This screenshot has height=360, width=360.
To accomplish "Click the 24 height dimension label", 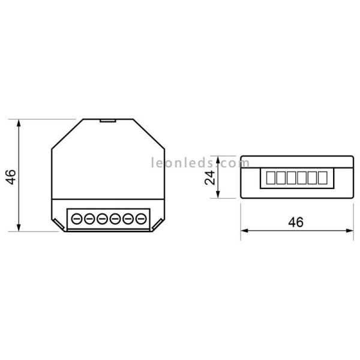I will pyautogui.click(x=209, y=178).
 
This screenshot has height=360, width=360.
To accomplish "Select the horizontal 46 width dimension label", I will pyautogui.click(x=295, y=221).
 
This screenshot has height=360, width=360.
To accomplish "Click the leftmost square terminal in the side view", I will pyautogui.click(x=269, y=178).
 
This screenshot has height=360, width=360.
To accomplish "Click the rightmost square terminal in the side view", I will pyautogui.click(x=323, y=178).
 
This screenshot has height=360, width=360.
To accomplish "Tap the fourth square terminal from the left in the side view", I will pyautogui.click(x=302, y=178).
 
